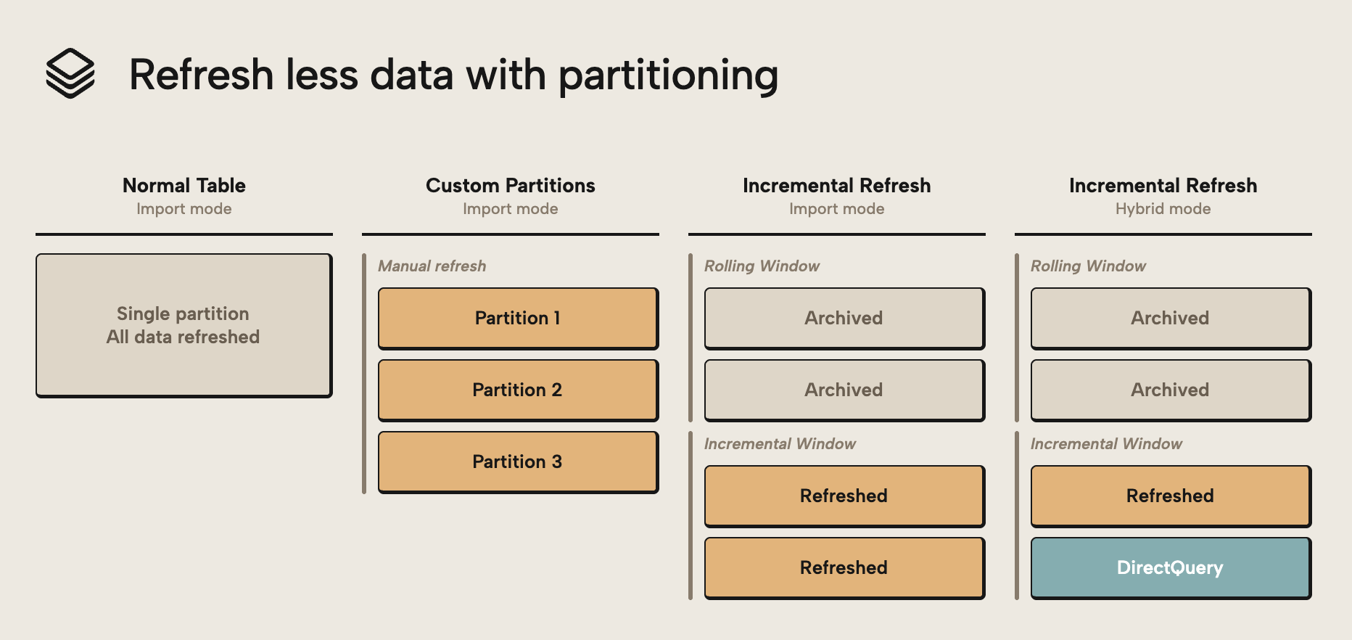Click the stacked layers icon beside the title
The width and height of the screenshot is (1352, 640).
(70, 73)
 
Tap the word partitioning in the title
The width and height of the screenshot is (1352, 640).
(668, 75)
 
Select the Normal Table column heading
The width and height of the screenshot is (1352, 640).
(184, 186)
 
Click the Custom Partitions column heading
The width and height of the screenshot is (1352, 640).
(510, 186)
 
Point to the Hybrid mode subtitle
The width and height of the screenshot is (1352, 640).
(1163, 209)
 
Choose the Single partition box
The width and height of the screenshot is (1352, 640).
(184, 325)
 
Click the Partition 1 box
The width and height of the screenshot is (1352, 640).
(518, 319)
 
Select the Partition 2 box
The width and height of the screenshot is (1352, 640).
(518, 390)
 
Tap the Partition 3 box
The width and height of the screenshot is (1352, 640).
(518, 462)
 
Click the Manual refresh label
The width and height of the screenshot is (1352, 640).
(432, 266)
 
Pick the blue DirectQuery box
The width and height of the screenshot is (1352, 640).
(1170, 568)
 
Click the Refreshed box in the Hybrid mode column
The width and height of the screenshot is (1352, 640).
(1170, 496)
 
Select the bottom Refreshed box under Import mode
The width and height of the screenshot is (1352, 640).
(844, 568)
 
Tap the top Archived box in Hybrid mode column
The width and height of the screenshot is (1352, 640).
(1170, 319)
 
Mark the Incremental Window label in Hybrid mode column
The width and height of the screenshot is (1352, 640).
(1106, 444)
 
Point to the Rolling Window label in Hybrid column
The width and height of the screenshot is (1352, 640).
(1088, 266)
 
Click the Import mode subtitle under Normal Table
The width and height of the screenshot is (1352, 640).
(184, 209)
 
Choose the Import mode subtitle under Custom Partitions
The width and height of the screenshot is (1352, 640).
(510, 209)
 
